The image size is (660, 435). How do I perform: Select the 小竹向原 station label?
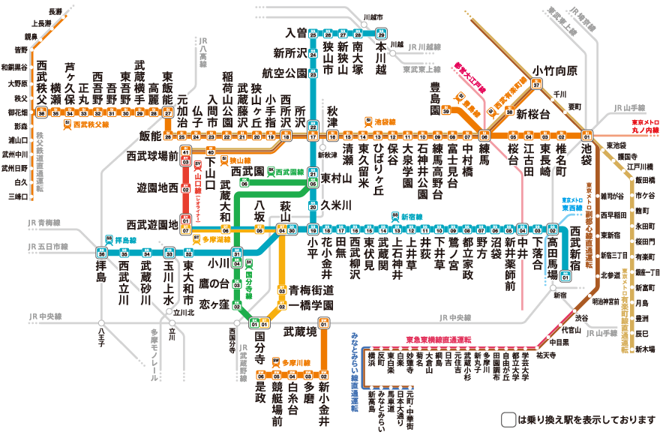click(555, 70)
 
